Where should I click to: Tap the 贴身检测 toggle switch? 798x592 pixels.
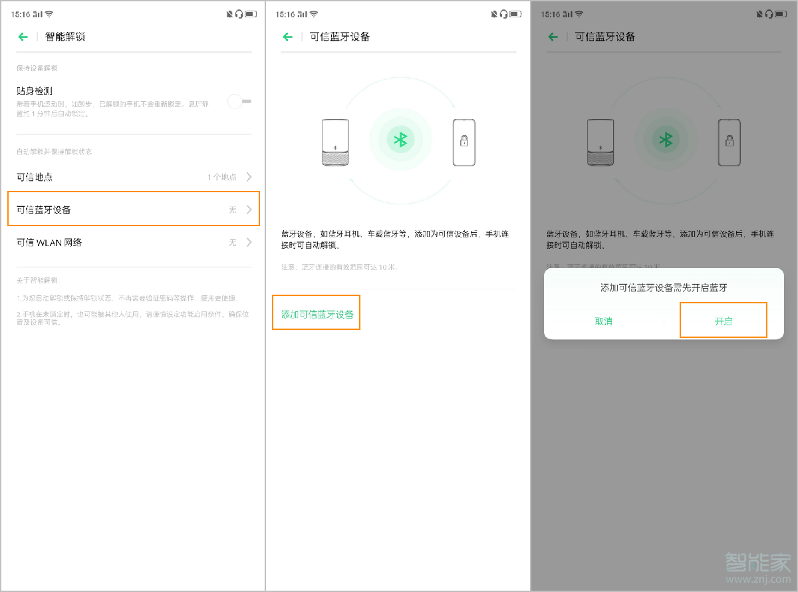pos(239,101)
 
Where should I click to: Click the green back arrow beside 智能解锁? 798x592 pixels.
pos(23,37)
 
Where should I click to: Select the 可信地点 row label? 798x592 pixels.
pos(35,177)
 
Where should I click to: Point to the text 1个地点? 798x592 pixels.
pos(221,177)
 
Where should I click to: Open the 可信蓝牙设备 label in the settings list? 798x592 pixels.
pos(44,210)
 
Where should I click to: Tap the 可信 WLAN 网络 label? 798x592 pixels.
pos(49,243)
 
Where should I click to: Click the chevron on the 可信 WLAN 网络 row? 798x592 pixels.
pos(249,243)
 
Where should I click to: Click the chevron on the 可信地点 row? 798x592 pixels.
pos(249,177)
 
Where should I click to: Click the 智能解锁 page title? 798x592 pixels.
pos(65,37)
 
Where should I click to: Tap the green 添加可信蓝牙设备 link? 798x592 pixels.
pos(317,314)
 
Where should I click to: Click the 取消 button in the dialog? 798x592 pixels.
pos(603,321)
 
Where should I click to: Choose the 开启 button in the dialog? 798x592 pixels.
pos(724,321)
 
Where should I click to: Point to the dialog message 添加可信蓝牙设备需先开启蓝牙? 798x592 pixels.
pos(664,287)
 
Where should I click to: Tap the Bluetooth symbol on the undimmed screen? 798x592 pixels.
pos(400,140)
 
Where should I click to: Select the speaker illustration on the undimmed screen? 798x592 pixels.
pos(335,142)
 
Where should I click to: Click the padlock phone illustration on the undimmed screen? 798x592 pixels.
pos(464,142)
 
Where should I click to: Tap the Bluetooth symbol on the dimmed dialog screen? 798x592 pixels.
pos(665,140)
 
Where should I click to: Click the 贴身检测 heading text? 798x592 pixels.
pos(35,91)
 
